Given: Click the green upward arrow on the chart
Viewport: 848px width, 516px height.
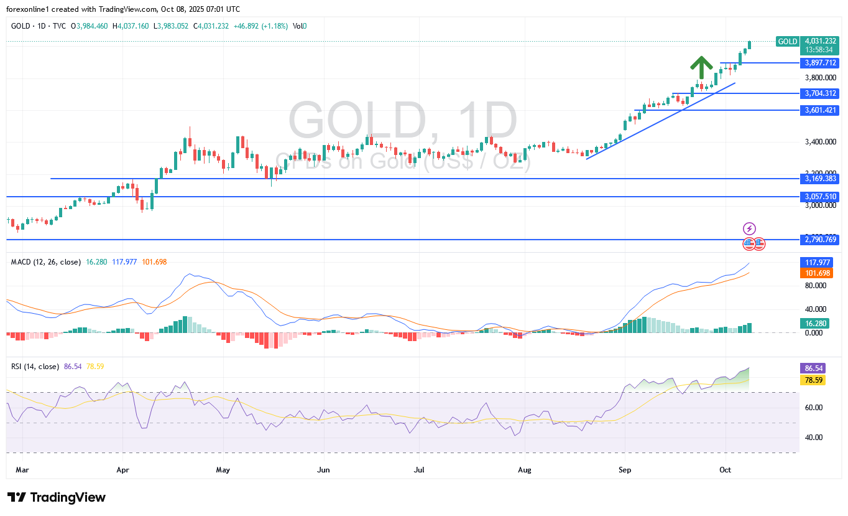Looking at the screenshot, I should pos(701,67).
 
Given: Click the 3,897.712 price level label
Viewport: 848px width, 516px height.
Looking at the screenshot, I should pos(820,63).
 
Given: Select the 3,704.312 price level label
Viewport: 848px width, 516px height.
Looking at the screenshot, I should pos(820,93).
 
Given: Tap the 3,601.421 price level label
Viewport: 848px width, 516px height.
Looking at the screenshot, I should pos(820,110).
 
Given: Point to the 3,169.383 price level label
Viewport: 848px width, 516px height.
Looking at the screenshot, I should pos(820,179).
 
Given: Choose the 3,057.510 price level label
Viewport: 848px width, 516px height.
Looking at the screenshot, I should pos(820,197).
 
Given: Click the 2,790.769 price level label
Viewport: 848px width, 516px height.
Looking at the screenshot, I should pos(820,240).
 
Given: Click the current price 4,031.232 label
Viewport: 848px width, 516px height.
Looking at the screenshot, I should pos(820,41).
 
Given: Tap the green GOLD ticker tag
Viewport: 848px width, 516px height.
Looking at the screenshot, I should pos(788,42).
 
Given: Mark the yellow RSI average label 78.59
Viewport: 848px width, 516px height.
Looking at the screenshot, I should pos(812,380).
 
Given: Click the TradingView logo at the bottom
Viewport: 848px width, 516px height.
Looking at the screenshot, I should pos(57,497).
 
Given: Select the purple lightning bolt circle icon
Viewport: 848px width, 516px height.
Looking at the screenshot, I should pos(750,228).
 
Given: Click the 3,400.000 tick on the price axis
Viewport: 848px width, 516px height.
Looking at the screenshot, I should pos(819,142).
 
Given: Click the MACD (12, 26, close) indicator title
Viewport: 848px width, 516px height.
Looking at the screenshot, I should pos(46,262).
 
